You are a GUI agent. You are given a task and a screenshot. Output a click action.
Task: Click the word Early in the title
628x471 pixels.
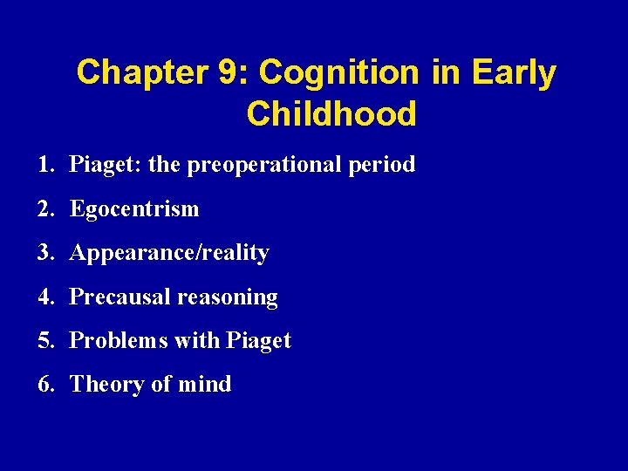(x=513, y=73)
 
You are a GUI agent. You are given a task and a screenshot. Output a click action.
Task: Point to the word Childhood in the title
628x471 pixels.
(x=331, y=114)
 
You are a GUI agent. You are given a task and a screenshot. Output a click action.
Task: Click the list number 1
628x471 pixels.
(x=44, y=164)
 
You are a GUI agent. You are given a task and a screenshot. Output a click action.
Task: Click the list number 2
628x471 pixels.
(x=44, y=208)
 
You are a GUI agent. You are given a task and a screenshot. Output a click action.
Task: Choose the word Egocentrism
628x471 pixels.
(x=134, y=208)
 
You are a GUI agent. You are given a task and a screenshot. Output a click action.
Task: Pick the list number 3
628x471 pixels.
(x=44, y=253)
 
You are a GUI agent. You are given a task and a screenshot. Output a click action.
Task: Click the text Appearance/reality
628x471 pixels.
(x=169, y=253)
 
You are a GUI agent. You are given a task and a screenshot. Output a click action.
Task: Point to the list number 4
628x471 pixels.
(x=44, y=297)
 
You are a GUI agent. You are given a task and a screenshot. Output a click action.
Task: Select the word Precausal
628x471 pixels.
(x=119, y=297)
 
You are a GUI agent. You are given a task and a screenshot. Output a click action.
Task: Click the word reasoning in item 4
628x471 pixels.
(x=227, y=297)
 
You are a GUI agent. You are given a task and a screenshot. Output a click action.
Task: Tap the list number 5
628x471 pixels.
(x=44, y=340)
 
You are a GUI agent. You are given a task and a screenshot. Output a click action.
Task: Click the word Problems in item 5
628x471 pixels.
(x=119, y=340)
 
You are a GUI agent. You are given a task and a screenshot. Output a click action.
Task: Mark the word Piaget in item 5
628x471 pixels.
(x=258, y=341)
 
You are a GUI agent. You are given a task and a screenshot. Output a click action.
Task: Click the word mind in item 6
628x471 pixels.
(x=207, y=384)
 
